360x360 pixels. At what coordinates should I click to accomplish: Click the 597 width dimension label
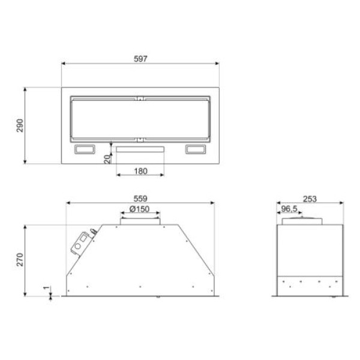[140, 59]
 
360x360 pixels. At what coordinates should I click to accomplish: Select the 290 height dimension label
[20, 125]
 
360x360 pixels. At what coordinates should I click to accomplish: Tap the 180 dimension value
[140, 171]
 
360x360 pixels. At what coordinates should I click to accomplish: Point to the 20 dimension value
[107, 159]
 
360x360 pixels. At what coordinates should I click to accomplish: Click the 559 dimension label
[140, 199]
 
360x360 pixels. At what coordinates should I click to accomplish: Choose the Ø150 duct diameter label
[139, 209]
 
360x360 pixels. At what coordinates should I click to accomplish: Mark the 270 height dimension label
[20, 260]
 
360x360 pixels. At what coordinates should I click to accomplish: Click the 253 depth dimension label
[310, 199]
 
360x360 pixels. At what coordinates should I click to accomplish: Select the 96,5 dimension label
[289, 209]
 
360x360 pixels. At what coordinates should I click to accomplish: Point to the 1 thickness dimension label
[46, 287]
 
